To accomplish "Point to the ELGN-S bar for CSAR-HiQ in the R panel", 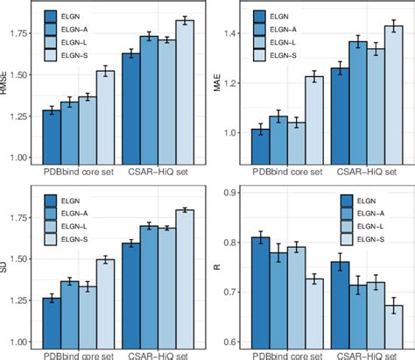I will point(393,324).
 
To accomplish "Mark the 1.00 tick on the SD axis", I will point(25,342).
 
